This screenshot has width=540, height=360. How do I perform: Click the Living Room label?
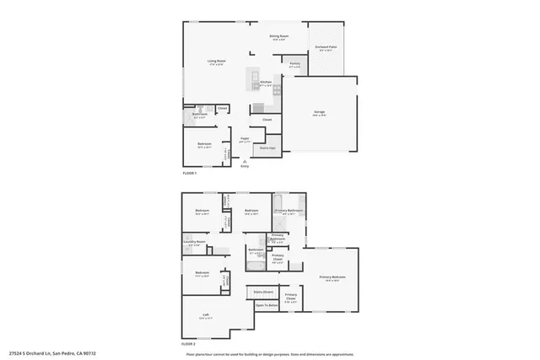click(x=217, y=62)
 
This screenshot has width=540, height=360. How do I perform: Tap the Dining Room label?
click(x=278, y=36)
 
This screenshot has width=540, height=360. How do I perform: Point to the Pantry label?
click(x=294, y=63)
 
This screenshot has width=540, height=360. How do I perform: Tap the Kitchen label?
click(x=266, y=83)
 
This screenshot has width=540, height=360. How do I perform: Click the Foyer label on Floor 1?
click(x=244, y=138)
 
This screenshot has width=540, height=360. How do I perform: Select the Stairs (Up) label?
click(x=267, y=148)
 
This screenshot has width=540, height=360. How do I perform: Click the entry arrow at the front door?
click(x=245, y=160)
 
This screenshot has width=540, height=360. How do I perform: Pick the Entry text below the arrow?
click(x=245, y=166)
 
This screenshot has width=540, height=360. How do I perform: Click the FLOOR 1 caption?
click(x=189, y=173)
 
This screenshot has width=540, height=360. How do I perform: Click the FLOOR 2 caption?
click(x=189, y=344)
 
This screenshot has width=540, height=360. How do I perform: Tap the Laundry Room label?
click(x=195, y=243)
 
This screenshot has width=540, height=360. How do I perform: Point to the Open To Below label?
click(x=266, y=304)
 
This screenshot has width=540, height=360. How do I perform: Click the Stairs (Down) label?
click(x=264, y=291)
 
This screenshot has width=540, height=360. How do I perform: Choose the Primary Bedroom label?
click(x=332, y=277)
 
